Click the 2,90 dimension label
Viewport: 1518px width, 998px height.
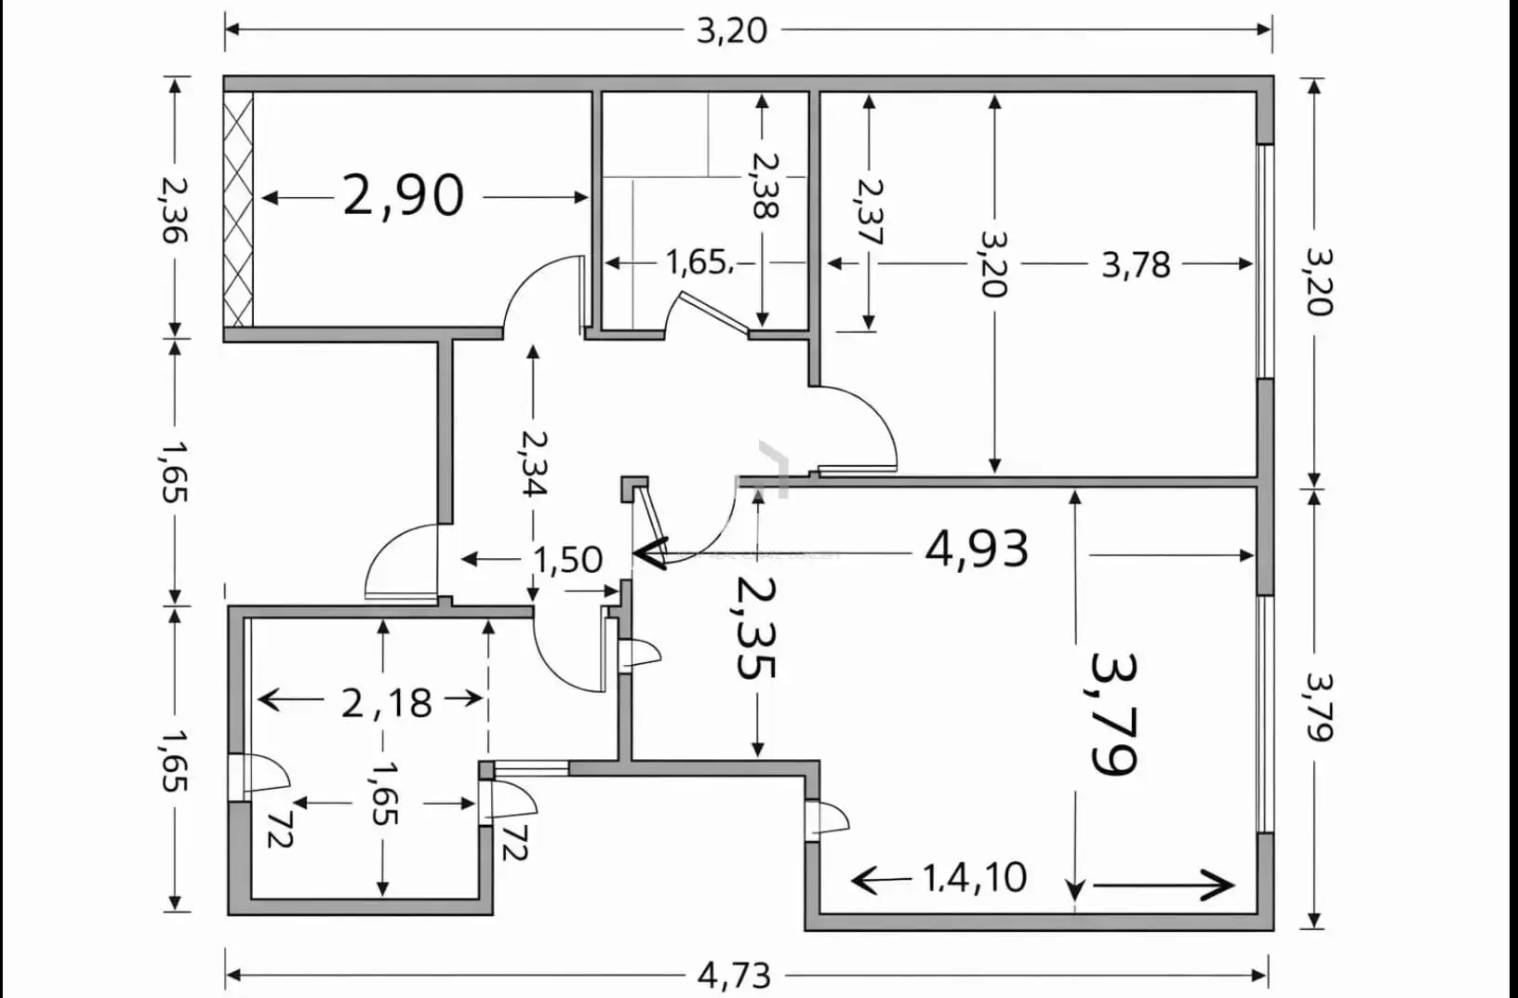(404, 196)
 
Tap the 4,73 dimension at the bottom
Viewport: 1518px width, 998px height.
(734, 977)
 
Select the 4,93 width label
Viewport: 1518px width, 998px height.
(977, 549)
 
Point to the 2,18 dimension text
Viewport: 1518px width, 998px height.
(387, 702)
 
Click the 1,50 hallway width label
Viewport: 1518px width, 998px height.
(568, 560)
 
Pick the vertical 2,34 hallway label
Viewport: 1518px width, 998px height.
(533, 463)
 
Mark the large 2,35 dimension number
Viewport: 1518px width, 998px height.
(756, 628)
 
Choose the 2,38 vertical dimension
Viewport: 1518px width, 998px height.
(766, 184)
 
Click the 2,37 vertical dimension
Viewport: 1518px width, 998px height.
(870, 211)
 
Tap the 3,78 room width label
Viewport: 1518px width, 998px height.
(1136, 265)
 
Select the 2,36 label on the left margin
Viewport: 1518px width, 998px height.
(174, 210)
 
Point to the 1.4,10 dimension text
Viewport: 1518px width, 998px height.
(975, 878)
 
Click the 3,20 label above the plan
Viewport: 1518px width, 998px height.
(732, 32)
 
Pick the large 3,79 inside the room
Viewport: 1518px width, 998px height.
(1112, 713)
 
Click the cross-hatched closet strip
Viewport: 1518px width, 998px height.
(238, 209)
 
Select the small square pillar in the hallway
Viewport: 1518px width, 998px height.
(634, 488)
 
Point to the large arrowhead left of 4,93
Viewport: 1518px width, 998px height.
(650, 553)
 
